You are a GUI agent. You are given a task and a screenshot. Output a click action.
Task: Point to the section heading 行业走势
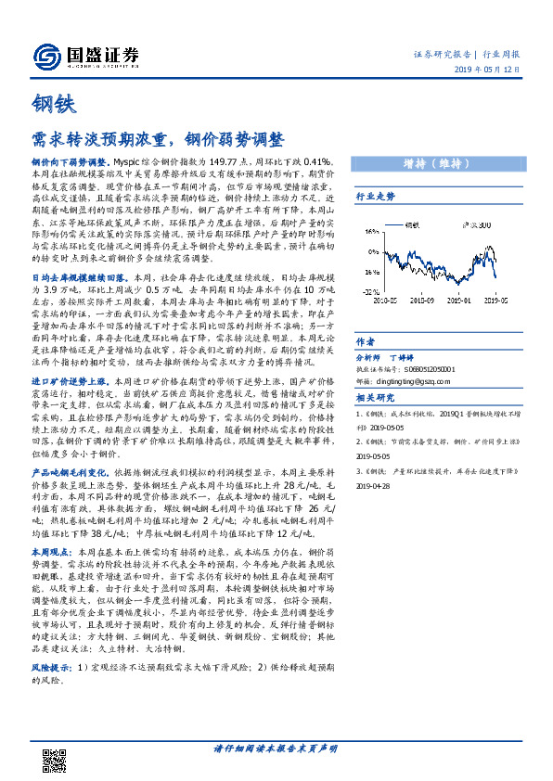376,197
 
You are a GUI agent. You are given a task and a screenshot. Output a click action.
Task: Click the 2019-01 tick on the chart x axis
455,300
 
